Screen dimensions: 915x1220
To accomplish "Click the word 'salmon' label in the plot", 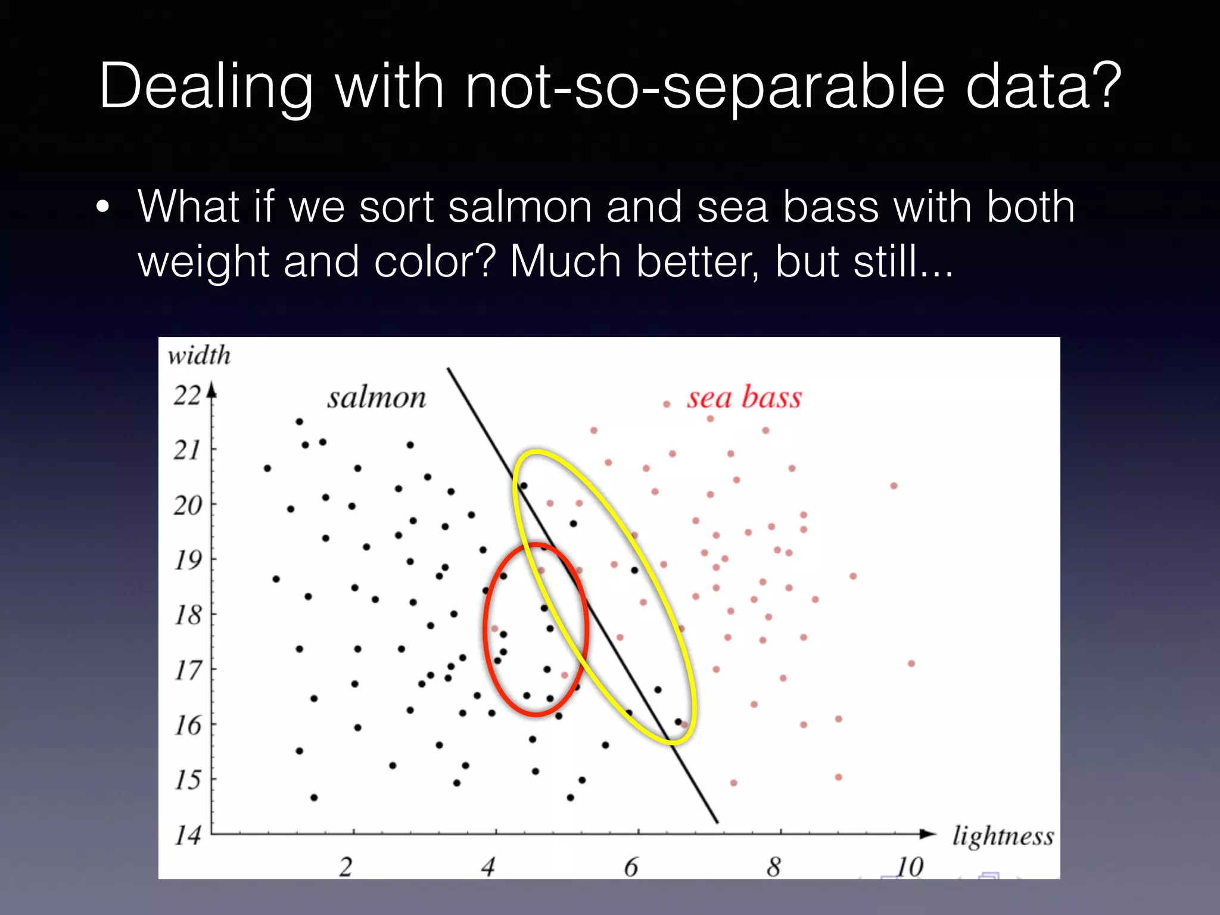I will [376, 398].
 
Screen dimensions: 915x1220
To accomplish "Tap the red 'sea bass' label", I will [744, 397].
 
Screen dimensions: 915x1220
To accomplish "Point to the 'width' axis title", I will [199, 356].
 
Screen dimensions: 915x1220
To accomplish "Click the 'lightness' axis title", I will [1003, 836].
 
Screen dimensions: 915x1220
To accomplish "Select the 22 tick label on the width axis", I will [187, 396].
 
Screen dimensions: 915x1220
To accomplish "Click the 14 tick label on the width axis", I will [188, 835].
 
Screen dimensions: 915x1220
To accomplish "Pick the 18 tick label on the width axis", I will [188, 615].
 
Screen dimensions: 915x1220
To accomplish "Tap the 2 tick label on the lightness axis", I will [346, 867].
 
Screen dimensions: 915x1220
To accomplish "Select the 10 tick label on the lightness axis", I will [910, 867].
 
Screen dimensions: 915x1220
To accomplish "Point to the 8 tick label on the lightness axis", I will [774, 867].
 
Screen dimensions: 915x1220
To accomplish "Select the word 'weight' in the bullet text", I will [204, 263].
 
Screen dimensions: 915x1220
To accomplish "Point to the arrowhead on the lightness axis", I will [928, 833].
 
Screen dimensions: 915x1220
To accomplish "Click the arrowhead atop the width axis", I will [211, 390].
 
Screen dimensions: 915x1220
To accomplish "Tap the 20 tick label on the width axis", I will [188, 505].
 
